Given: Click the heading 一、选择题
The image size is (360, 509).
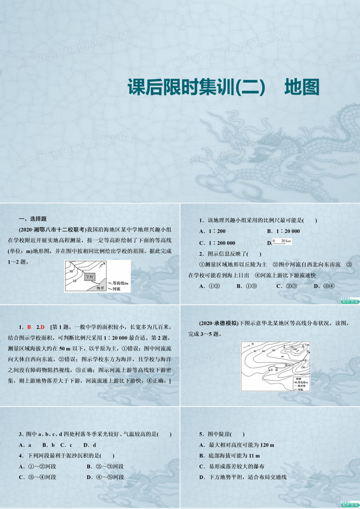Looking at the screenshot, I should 33,219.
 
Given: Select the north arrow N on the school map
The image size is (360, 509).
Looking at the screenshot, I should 105,264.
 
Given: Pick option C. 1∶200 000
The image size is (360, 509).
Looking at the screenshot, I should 217,243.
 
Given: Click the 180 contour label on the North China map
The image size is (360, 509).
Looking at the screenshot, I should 307,345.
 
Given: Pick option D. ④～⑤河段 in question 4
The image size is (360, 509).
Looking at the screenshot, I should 106,477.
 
